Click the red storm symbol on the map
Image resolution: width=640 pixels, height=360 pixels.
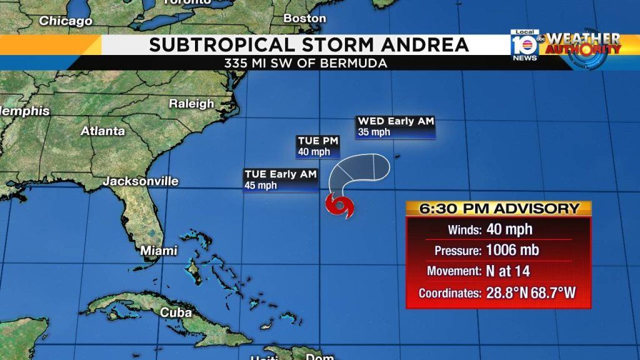(339, 205)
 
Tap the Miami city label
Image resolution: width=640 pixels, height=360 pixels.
(159, 251)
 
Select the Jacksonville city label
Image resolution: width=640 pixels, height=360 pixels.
(141, 181)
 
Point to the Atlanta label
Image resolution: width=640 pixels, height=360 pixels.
(102, 131)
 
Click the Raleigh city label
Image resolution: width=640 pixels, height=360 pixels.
(191, 104)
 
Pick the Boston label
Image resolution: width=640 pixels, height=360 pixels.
(305, 18)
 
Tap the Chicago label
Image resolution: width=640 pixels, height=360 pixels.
(66, 21)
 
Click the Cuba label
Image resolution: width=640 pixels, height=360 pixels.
(176, 312)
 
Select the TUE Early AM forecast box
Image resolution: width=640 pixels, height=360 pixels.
(281, 179)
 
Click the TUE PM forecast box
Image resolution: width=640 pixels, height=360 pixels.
(318, 146)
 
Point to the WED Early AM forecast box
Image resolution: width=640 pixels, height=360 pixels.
(396, 126)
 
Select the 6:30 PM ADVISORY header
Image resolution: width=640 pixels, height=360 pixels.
(498, 209)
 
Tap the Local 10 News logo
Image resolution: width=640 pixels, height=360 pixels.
(525, 45)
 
